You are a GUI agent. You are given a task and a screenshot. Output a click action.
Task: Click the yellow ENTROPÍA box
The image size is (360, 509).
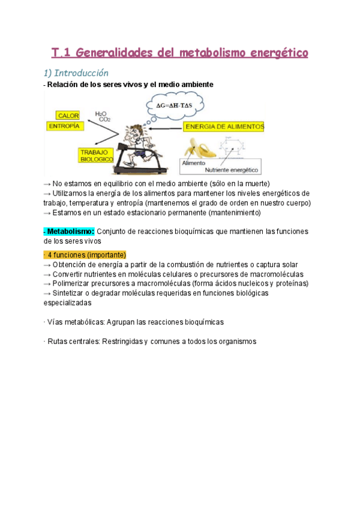[x=64, y=127]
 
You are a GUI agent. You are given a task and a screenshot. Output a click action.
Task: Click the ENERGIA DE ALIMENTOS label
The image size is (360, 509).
[x=224, y=127]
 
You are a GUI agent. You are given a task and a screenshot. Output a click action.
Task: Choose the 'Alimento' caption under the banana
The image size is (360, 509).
[x=194, y=163]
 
